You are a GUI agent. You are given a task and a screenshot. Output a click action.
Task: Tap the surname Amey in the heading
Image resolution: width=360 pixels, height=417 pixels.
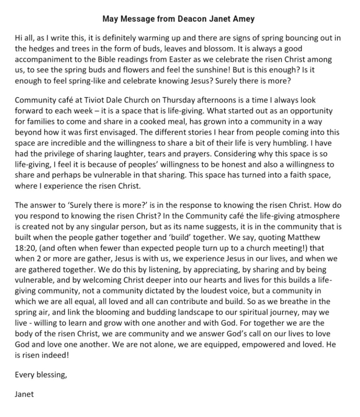tap(242, 18)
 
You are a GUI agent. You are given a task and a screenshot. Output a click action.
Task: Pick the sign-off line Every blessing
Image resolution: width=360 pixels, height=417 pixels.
tap(41, 375)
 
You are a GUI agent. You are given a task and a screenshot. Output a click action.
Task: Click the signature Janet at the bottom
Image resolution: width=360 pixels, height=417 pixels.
tap(24, 394)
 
